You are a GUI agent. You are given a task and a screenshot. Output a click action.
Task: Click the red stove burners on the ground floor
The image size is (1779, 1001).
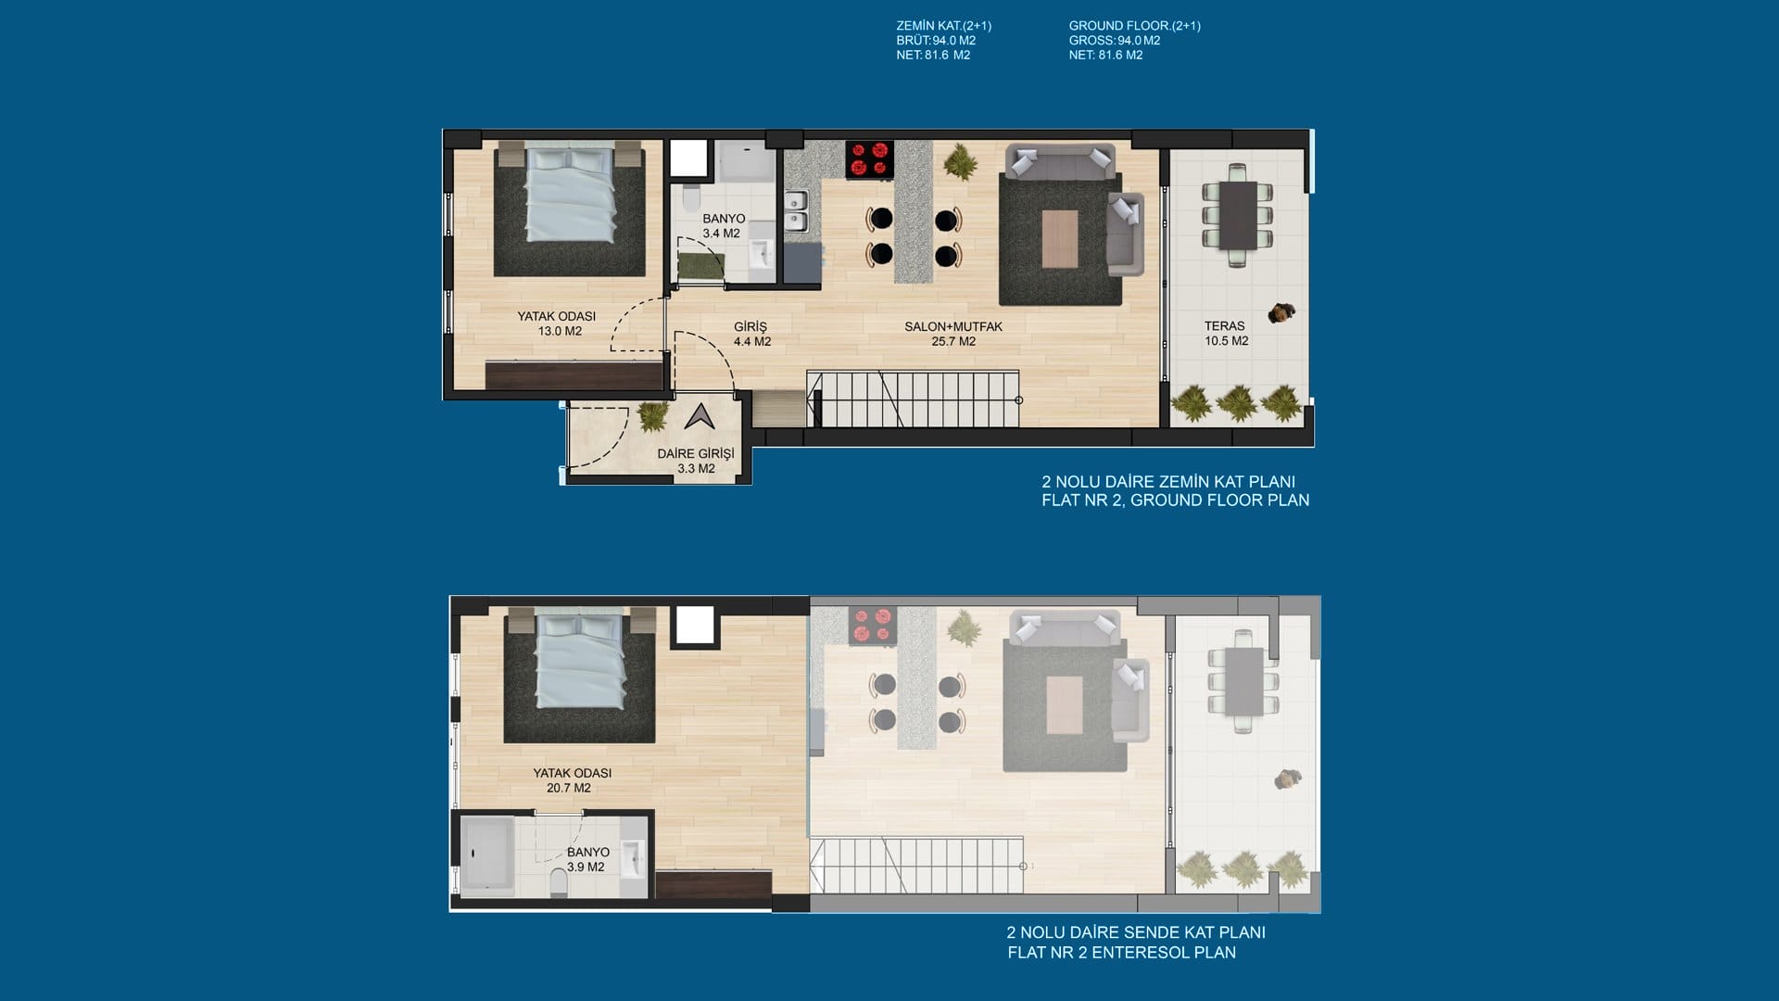pyautogui.click(x=869, y=158)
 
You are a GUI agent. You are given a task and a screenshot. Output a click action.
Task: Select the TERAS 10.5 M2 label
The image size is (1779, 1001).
pyautogui.click(x=1226, y=334)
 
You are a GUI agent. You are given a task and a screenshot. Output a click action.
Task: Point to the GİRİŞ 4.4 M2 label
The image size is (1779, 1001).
pyautogui.click(x=751, y=334)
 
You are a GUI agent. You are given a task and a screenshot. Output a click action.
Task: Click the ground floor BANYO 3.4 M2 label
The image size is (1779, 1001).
pyautogui.click(x=723, y=226)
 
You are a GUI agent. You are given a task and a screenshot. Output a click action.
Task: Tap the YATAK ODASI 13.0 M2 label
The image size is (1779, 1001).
pyautogui.click(x=557, y=323)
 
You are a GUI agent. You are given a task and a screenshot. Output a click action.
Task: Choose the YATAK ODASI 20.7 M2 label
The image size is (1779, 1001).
pyautogui.click(x=572, y=780)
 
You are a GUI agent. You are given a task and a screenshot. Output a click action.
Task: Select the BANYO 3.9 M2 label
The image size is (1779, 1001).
pyautogui.click(x=587, y=859)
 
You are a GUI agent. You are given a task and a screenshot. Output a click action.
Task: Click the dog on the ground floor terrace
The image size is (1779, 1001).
pyautogui.click(x=1282, y=313)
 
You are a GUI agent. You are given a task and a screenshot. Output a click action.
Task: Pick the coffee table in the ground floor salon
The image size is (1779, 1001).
pyautogui.click(x=1060, y=239)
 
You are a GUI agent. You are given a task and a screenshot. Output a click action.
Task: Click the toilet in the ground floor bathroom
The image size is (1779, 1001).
pyautogui.click(x=690, y=198)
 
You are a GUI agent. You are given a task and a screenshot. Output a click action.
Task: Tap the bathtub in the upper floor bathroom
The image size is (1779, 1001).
pyautogui.click(x=487, y=855)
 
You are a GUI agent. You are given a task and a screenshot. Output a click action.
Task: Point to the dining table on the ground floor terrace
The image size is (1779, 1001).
pyautogui.click(x=1238, y=216)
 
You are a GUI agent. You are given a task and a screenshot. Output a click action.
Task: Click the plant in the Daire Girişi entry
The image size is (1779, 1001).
pyautogui.click(x=652, y=416)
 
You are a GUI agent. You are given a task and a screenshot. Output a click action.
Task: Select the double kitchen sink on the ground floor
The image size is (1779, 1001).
pyautogui.click(x=796, y=210)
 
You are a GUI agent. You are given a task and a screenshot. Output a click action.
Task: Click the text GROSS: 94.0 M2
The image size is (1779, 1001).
pyautogui.click(x=1115, y=41)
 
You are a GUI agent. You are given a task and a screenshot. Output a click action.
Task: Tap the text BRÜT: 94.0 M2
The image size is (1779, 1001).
pyautogui.click(x=936, y=41)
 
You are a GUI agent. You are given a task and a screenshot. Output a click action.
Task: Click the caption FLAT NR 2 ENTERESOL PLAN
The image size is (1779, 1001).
pyautogui.click(x=1121, y=953)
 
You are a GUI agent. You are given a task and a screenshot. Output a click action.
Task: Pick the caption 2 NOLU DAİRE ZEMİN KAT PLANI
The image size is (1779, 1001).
pyautogui.click(x=1168, y=482)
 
